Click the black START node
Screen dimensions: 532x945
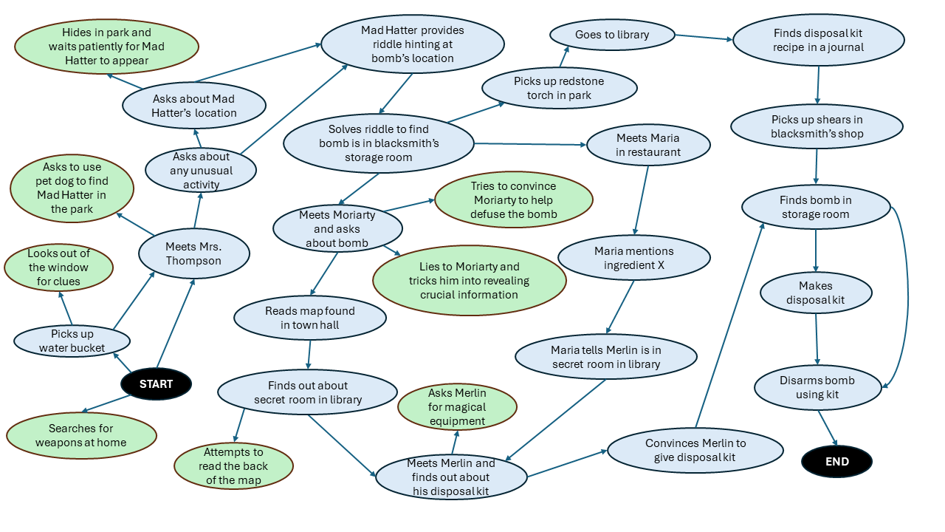coord(156,383)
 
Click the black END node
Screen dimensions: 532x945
coord(836,462)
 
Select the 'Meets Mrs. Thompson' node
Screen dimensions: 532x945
coord(193,253)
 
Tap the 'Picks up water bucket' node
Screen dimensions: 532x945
coord(72,341)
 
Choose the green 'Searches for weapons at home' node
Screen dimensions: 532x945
coord(82,435)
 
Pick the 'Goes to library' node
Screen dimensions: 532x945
coord(612,35)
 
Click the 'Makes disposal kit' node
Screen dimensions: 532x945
coord(815,293)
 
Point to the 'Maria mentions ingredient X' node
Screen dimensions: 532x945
coord(633,258)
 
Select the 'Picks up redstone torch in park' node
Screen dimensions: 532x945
coord(559,88)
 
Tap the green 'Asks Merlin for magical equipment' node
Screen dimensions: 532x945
coord(457,407)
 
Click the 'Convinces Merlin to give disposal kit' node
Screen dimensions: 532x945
coord(695,450)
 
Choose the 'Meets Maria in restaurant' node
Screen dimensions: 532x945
coord(648,145)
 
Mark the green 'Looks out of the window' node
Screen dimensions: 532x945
coord(58,267)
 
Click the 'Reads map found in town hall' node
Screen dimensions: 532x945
coord(309,318)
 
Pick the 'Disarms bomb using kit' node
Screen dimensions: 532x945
coord(817,387)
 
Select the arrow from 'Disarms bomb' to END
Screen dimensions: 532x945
coord(828,428)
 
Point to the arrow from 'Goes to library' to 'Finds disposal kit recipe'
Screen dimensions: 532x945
coord(703,38)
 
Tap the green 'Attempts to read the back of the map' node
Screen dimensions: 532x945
coord(233,465)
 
